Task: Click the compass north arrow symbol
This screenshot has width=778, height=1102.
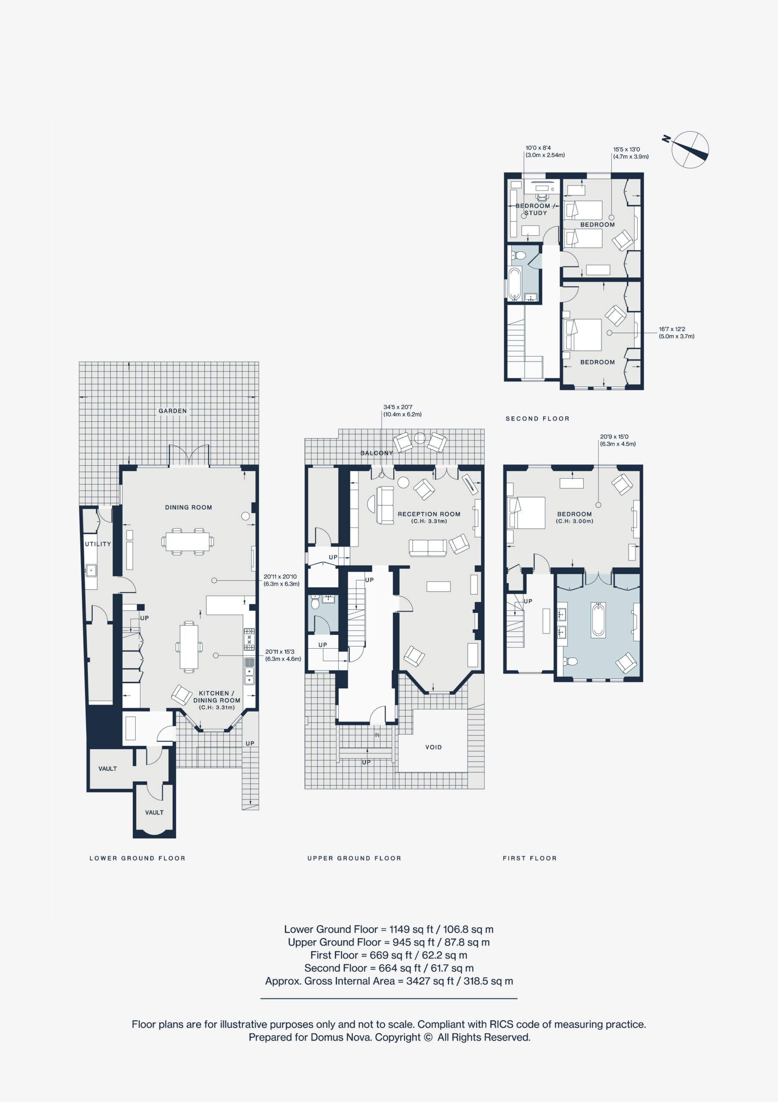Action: pyautogui.click(x=690, y=149)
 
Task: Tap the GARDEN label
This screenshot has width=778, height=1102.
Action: pyautogui.click(x=173, y=411)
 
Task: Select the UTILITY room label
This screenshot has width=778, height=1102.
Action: pyautogui.click(x=98, y=544)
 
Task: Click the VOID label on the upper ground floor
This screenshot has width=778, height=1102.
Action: pyautogui.click(x=433, y=747)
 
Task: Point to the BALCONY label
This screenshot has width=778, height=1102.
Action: pyautogui.click(x=377, y=452)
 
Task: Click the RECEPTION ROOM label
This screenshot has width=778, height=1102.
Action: pyautogui.click(x=429, y=514)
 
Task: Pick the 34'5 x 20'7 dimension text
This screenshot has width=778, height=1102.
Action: pyautogui.click(x=398, y=407)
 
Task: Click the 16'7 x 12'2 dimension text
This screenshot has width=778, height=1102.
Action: pyautogui.click(x=672, y=329)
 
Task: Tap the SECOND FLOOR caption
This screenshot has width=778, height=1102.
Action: pyautogui.click(x=537, y=418)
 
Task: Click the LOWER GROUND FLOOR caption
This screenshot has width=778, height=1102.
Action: pyautogui.click(x=137, y=858)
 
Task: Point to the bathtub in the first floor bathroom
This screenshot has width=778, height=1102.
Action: pyautogui.click(x=598, y=621)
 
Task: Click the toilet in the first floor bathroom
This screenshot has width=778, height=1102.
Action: pyautogui.click(x=570, y=661)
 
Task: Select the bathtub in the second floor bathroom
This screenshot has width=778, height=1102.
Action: pyautogui.click(x=514, y=283)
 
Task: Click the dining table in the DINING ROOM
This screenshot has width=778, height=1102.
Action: pyautogui.click(x=188, y=542)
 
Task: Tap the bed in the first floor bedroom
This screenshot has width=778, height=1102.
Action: pyautogui.click(x=526, y=513)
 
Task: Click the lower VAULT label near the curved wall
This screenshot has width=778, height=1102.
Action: pyautogui.click(x=154, y=813)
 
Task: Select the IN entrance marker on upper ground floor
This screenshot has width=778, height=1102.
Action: pyautogui.click(x=377, y=735)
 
